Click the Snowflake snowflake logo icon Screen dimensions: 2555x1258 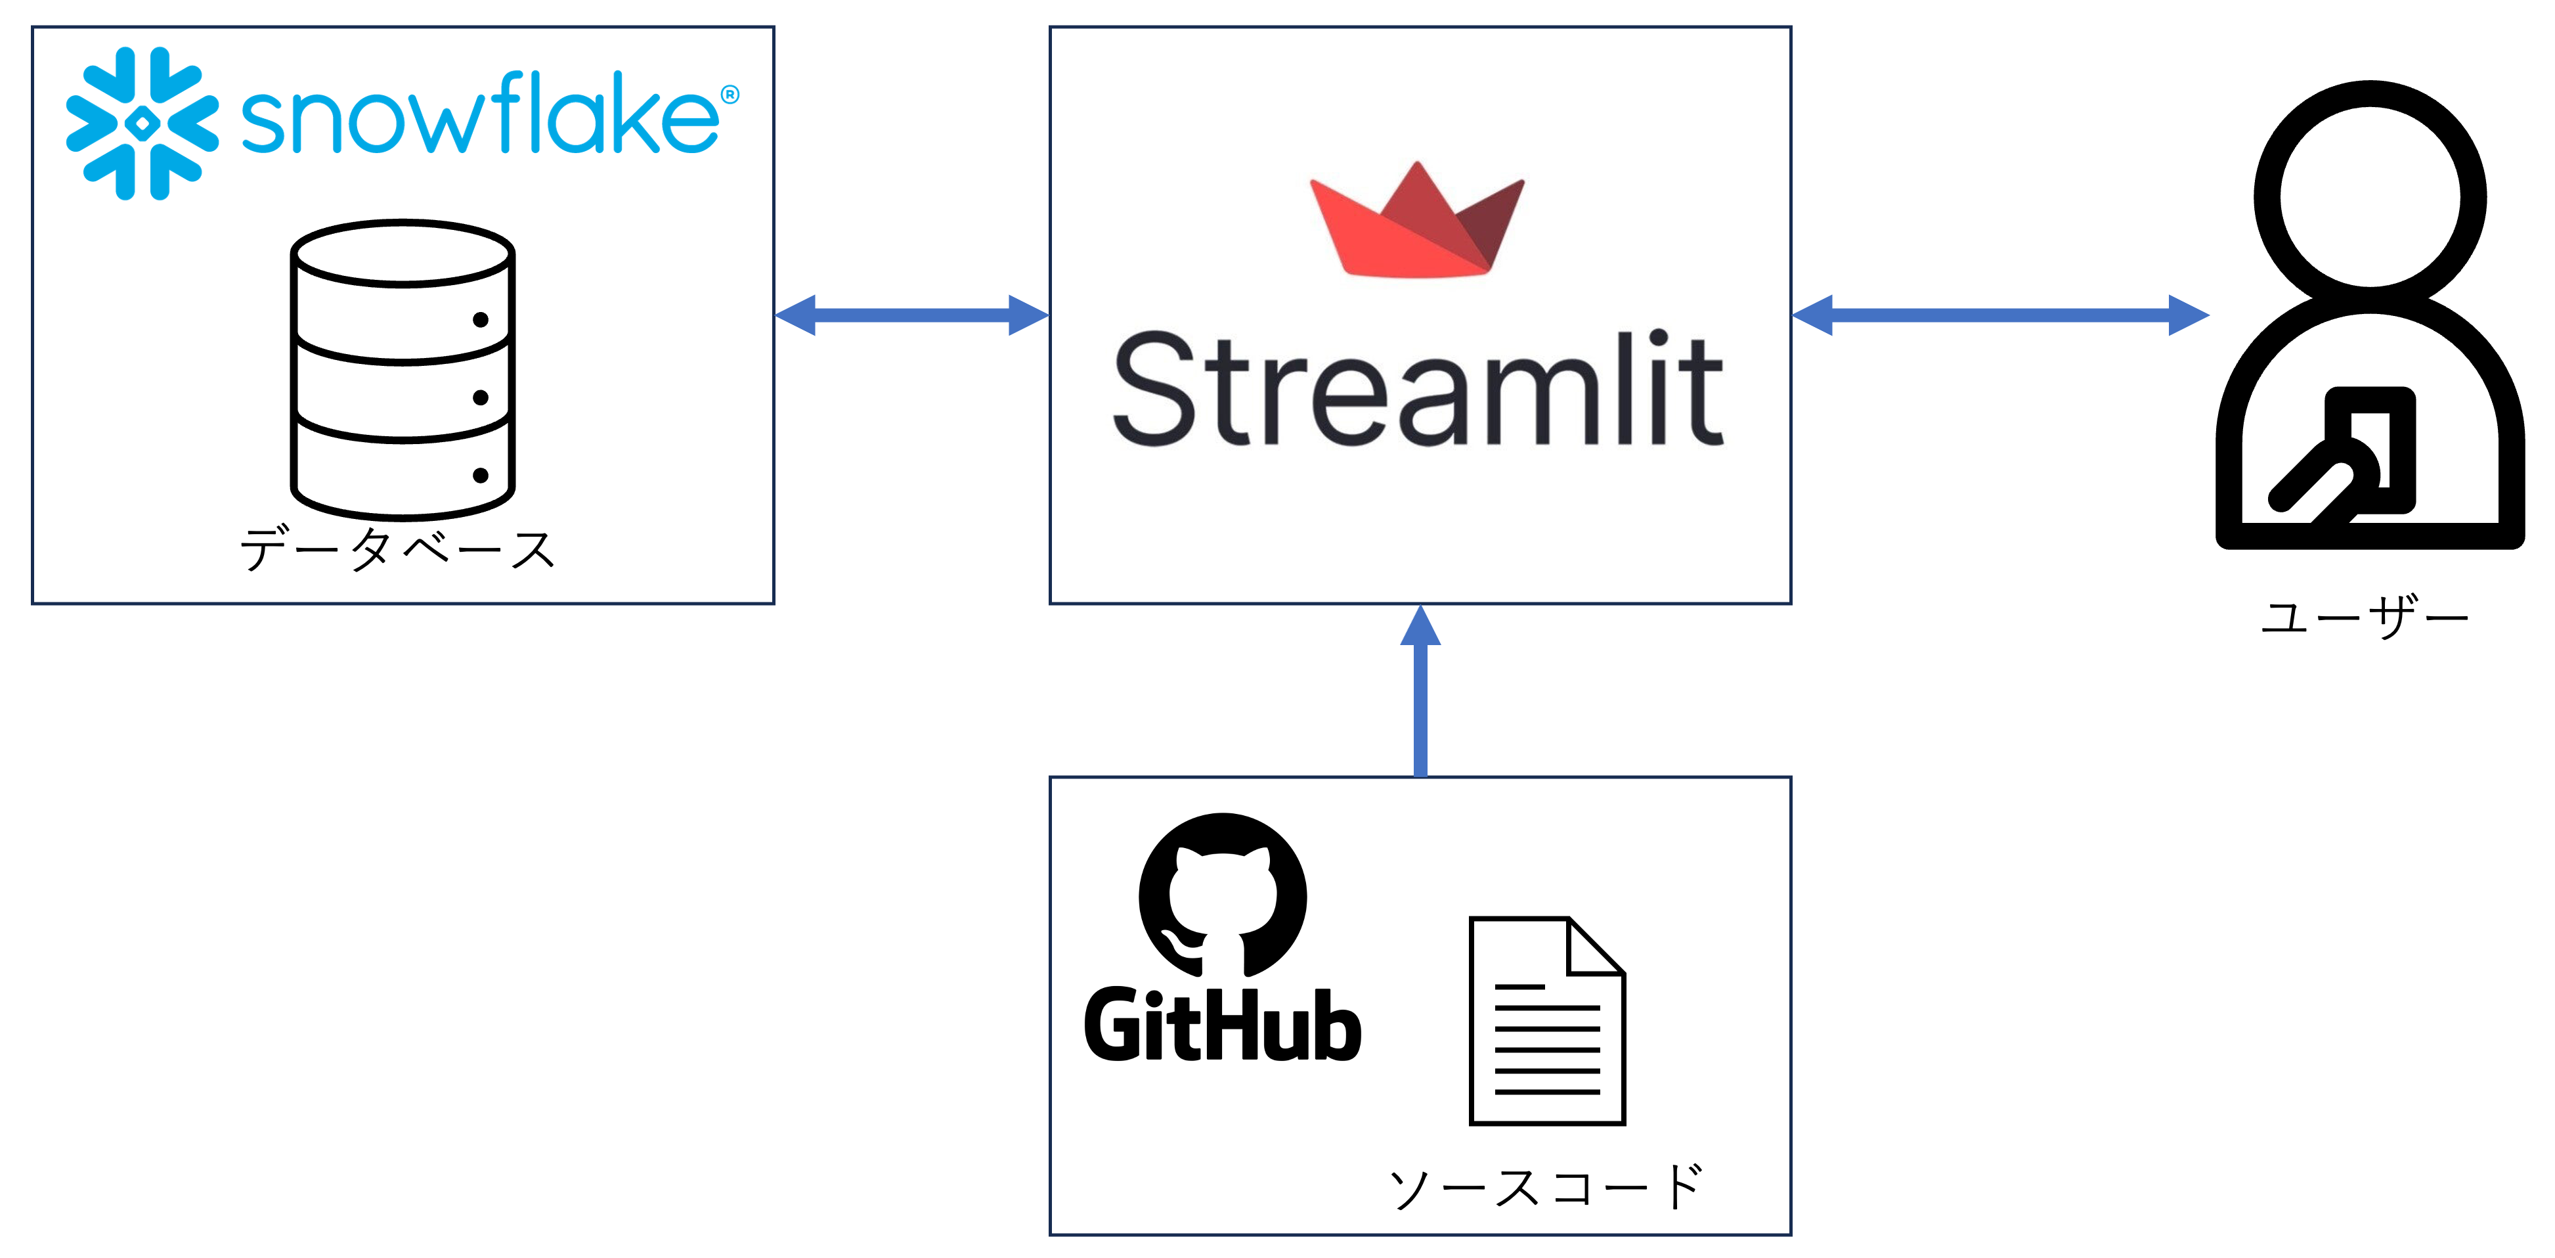point(142,123)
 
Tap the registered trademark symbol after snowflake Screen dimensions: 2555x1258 point(730,94)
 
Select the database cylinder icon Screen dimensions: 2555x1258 point(403,369)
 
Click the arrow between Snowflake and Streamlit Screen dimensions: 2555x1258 point(911,315)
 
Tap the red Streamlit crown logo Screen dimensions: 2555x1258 point(1417,219)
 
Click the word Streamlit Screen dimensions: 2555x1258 point(1418,388)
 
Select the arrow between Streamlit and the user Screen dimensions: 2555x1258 point(2001,315)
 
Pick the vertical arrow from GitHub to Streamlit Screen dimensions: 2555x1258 point(1420,690)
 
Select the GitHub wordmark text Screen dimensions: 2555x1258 point(1223,1025)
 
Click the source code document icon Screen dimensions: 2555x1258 point(1547,1021)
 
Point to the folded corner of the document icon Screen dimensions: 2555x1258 point(1597,945)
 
